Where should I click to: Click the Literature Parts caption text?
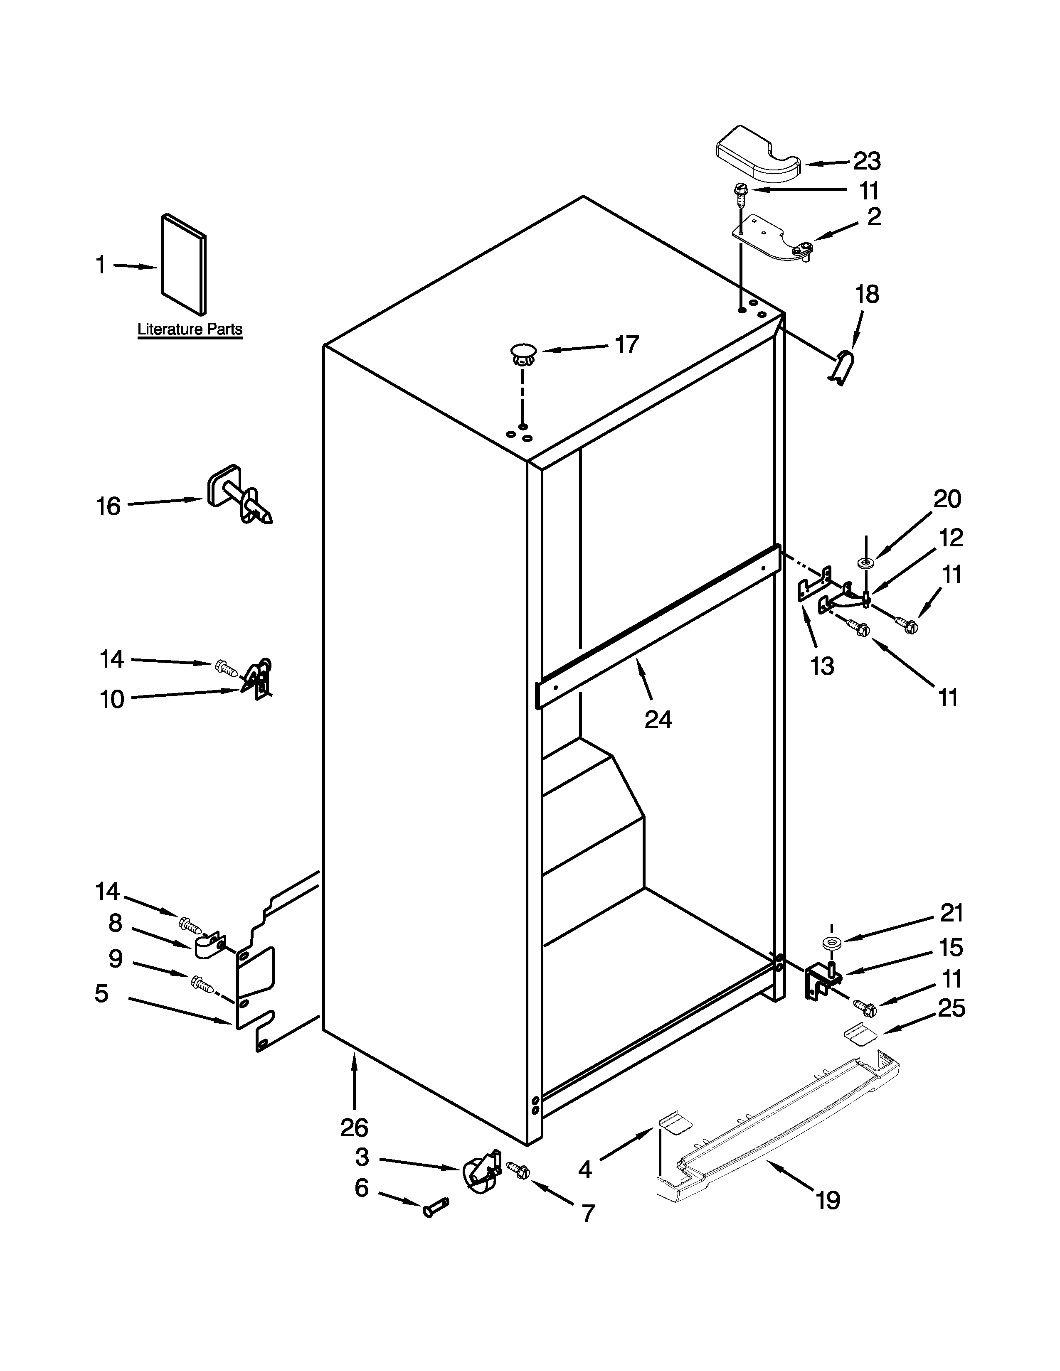(x=190, y=329)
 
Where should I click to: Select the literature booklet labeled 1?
(x=183, y=264)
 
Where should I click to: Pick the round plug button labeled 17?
(x=522, y=352)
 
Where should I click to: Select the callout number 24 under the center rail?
(x=658, y=720)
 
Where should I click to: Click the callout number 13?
(x=821, y=666)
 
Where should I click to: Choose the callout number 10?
(x=112, y=699)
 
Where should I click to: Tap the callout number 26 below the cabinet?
(x=354, y=1128)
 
